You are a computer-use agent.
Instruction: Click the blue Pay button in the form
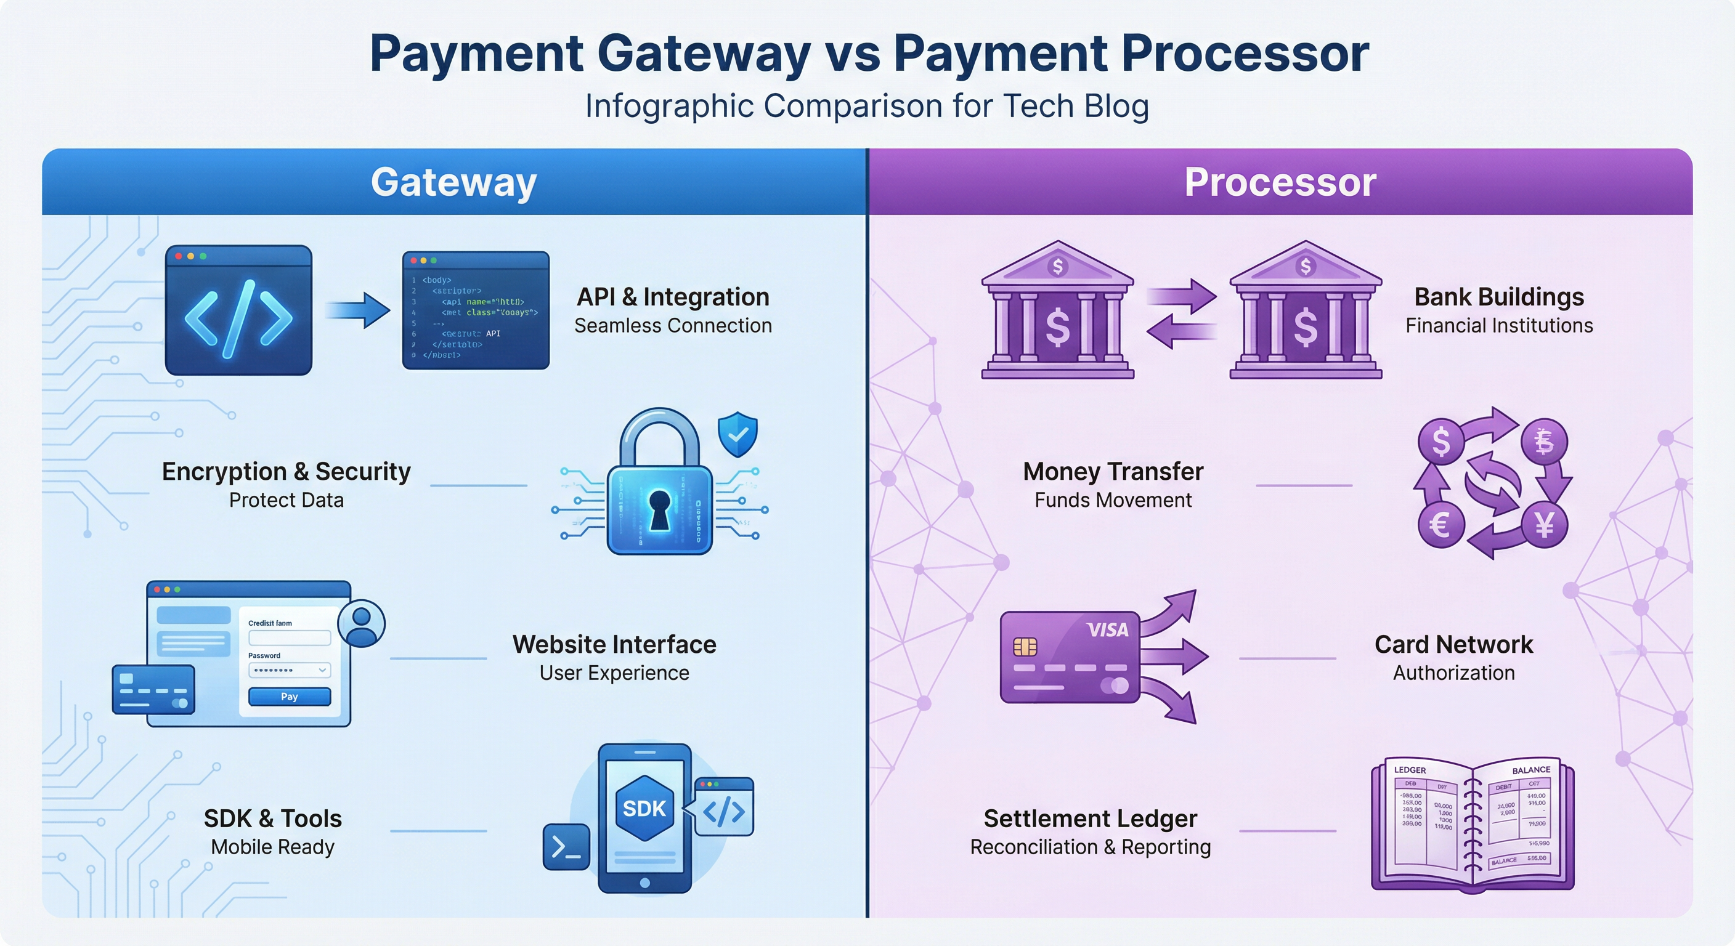tap(289, 696)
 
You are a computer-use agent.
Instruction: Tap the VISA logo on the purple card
tap(1107, 630)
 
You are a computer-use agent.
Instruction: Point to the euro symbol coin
tap(1440, 525)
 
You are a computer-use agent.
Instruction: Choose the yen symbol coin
tap(1545, 525)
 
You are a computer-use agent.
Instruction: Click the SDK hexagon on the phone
tap(644, 808)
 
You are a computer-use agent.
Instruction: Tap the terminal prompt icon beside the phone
tap(566, 846)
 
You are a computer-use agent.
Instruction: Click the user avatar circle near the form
tap(362, 623)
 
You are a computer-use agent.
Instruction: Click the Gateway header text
tap(453, 182)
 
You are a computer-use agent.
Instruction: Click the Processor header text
tap(1280, 182)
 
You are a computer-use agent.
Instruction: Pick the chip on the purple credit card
tap(1025, 647)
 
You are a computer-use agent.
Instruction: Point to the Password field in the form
tap(289, 670)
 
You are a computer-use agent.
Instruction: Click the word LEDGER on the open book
tap(1410, 770)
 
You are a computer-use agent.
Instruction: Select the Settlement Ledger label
tap(1090, 819)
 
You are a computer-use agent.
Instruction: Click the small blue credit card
tap(153, 689)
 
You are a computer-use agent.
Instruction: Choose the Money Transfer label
tap(1113, 471)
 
